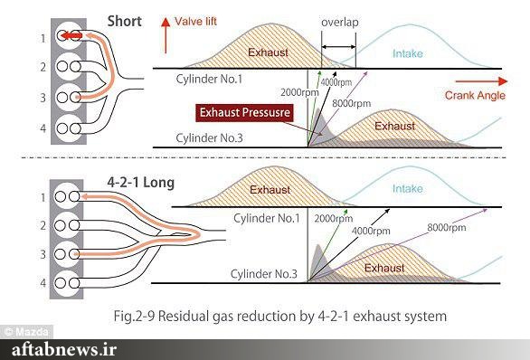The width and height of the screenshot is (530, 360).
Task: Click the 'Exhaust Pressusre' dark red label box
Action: click(x=244, y=112)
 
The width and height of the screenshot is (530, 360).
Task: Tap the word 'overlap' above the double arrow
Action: click(x=340, y=23)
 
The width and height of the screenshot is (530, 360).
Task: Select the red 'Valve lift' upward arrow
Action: click(x=166, y=35)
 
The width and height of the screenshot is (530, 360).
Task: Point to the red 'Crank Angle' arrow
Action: click(x=481, y=81)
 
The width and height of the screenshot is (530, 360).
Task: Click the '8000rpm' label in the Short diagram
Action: click(x=352, y=103)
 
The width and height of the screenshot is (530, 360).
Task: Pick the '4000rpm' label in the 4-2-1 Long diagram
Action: click(x=371, y=232)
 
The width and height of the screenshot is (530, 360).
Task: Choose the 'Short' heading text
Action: click(x=125, y=22)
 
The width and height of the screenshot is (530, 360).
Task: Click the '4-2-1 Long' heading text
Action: click(x=140, y=183)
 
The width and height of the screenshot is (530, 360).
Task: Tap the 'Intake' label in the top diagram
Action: click(x=408, y=53)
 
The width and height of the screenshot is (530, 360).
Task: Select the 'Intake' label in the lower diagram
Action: click(x=408, y=189)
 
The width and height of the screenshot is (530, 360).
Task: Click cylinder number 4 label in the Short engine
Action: click(x=43, y=128)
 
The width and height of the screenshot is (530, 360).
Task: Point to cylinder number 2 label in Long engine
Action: click(x=43, y=225)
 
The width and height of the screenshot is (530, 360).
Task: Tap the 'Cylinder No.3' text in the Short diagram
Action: click(x=209, y=137)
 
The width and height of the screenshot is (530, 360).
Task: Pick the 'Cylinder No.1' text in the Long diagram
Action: click(x=267, y=218)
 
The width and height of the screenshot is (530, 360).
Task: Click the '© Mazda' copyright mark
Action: click(x=26, y=332)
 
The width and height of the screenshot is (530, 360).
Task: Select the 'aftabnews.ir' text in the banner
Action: click(x=64, y=349)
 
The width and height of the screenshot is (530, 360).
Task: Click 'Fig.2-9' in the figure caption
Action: click(x=134, y=317)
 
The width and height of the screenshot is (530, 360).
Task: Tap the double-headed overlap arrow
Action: click(x=338, y=47)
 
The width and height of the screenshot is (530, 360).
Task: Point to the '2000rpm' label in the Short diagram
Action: click(x=299, y=92)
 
